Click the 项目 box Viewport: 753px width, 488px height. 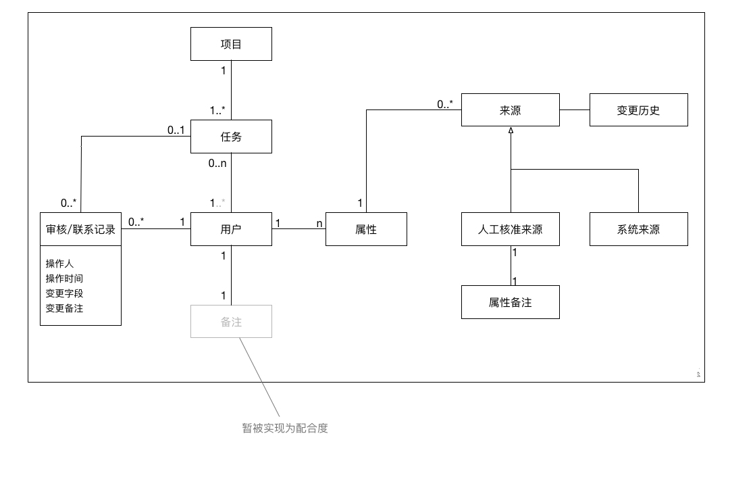(231, 44)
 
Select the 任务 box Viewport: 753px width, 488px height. (231, 137)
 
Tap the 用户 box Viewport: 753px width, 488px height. (231, 229)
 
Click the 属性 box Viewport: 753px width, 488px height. (366, 229)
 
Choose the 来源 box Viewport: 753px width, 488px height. (510, 110)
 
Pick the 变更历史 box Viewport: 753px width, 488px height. (638, 110)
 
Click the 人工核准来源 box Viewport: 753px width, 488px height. (510, 229)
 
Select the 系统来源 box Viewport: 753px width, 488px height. (638, 229)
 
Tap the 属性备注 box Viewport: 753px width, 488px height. (510, 302)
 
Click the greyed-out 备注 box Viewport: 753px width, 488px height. (231, 322)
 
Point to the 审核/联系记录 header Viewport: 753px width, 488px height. (80, 229)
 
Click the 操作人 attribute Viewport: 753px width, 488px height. (59, 264)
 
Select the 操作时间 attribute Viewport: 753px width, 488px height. (64, 278)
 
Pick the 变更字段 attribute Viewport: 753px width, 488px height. (64, 293)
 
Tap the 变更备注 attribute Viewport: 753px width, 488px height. (64, 308)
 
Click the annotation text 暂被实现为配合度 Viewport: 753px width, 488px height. (285, 428)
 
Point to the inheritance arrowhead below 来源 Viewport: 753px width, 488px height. (511, 130)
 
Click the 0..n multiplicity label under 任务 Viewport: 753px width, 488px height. (217, 163)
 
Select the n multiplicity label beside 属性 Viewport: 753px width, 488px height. (319, 224)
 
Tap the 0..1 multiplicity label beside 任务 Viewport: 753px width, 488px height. (176, 130)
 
